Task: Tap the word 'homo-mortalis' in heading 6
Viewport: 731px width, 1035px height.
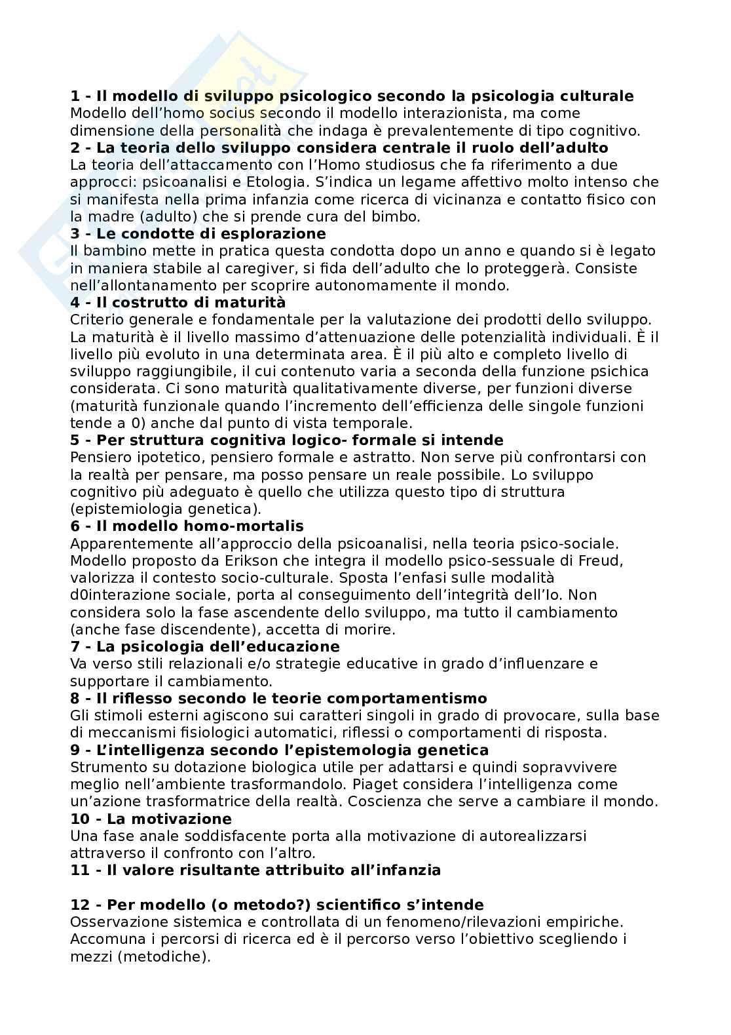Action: click(253, 526)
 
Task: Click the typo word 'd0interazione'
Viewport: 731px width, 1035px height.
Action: click(121, 595)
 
